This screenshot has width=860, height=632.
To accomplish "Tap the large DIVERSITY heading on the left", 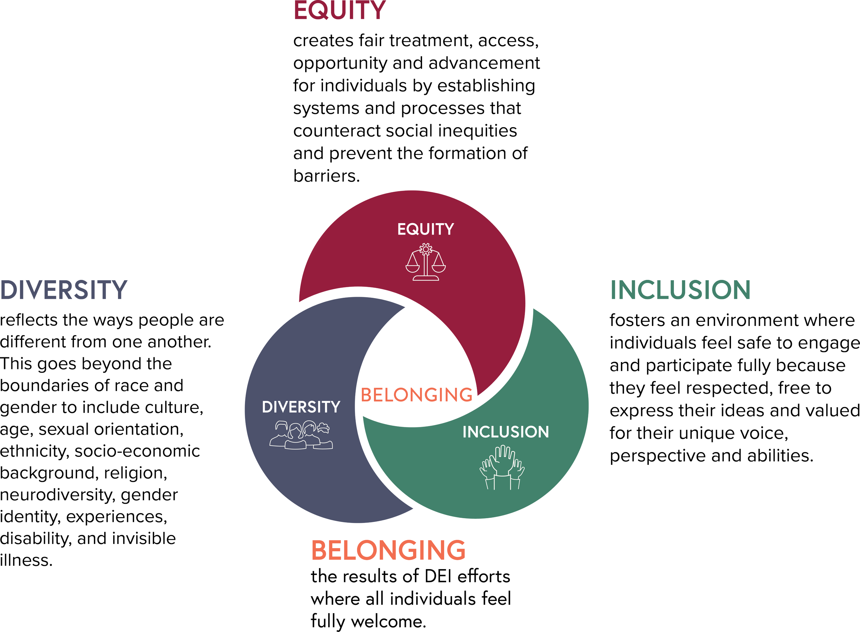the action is tap(64, 290).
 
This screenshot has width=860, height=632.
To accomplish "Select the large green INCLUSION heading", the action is tap(680, 290).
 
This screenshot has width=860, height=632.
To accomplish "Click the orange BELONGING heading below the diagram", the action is tap(388, 550).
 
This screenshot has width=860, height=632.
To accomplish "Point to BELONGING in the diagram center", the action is tap(417, 394).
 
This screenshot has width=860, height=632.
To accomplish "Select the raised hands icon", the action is tap(502, 468).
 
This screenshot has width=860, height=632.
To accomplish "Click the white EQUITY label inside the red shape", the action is tap(426, 229).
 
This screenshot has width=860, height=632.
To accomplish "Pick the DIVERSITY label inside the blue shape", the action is tap(301, 407).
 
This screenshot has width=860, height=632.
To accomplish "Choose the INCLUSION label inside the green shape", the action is tap(506, 432).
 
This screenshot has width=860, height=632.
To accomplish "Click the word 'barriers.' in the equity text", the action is tap(326, 176).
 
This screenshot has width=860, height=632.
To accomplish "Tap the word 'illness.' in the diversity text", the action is tap(26, 560).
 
